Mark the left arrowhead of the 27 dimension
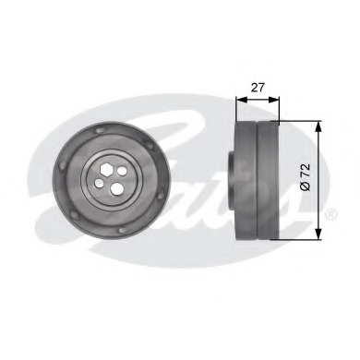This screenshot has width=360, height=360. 239,100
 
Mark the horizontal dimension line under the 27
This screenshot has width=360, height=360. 257,100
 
